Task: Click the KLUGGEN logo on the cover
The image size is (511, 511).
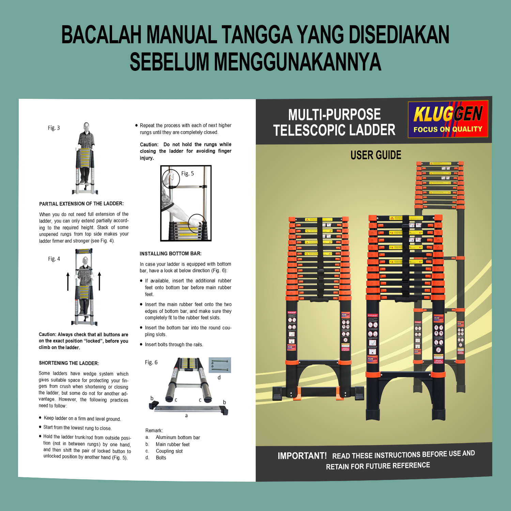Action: pos(448,119)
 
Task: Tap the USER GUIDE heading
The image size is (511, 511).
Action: pos(376,155)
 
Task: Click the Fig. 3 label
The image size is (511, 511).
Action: pos(54,128)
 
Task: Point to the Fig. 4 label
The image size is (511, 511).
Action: pos(54,259)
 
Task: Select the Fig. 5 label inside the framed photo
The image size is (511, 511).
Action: pos(187,173)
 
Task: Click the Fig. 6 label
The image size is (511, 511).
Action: pos(151,362)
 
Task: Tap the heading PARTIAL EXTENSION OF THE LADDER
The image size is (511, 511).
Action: pos(81,204)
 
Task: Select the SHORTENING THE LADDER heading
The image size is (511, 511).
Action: pos(69,363)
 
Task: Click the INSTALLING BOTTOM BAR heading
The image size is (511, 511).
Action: pos(171,253)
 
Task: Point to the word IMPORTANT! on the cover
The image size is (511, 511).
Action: pos(302,456)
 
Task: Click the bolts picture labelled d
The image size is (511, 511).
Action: pos(220,365)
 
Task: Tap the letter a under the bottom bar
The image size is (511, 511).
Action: pos(186,416)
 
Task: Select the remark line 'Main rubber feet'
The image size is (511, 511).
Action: pos(173,444)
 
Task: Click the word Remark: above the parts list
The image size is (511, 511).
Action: pos(154,431)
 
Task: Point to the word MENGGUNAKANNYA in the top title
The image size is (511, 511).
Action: pos(297,62)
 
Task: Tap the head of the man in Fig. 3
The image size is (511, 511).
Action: pos(87,126)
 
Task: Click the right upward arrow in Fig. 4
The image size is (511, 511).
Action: pos(99,281)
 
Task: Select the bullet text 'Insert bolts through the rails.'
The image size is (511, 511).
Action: pos(174,345)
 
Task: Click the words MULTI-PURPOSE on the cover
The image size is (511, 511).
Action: pos(335,114)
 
